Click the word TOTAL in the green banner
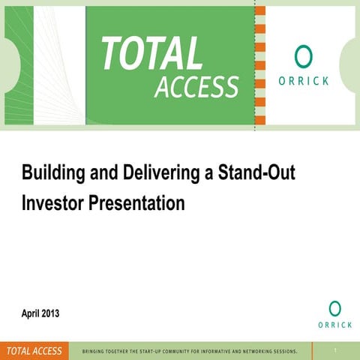151,54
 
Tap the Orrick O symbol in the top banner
303,56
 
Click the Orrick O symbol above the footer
334,308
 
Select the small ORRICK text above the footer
334,325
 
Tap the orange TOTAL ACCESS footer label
34,350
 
